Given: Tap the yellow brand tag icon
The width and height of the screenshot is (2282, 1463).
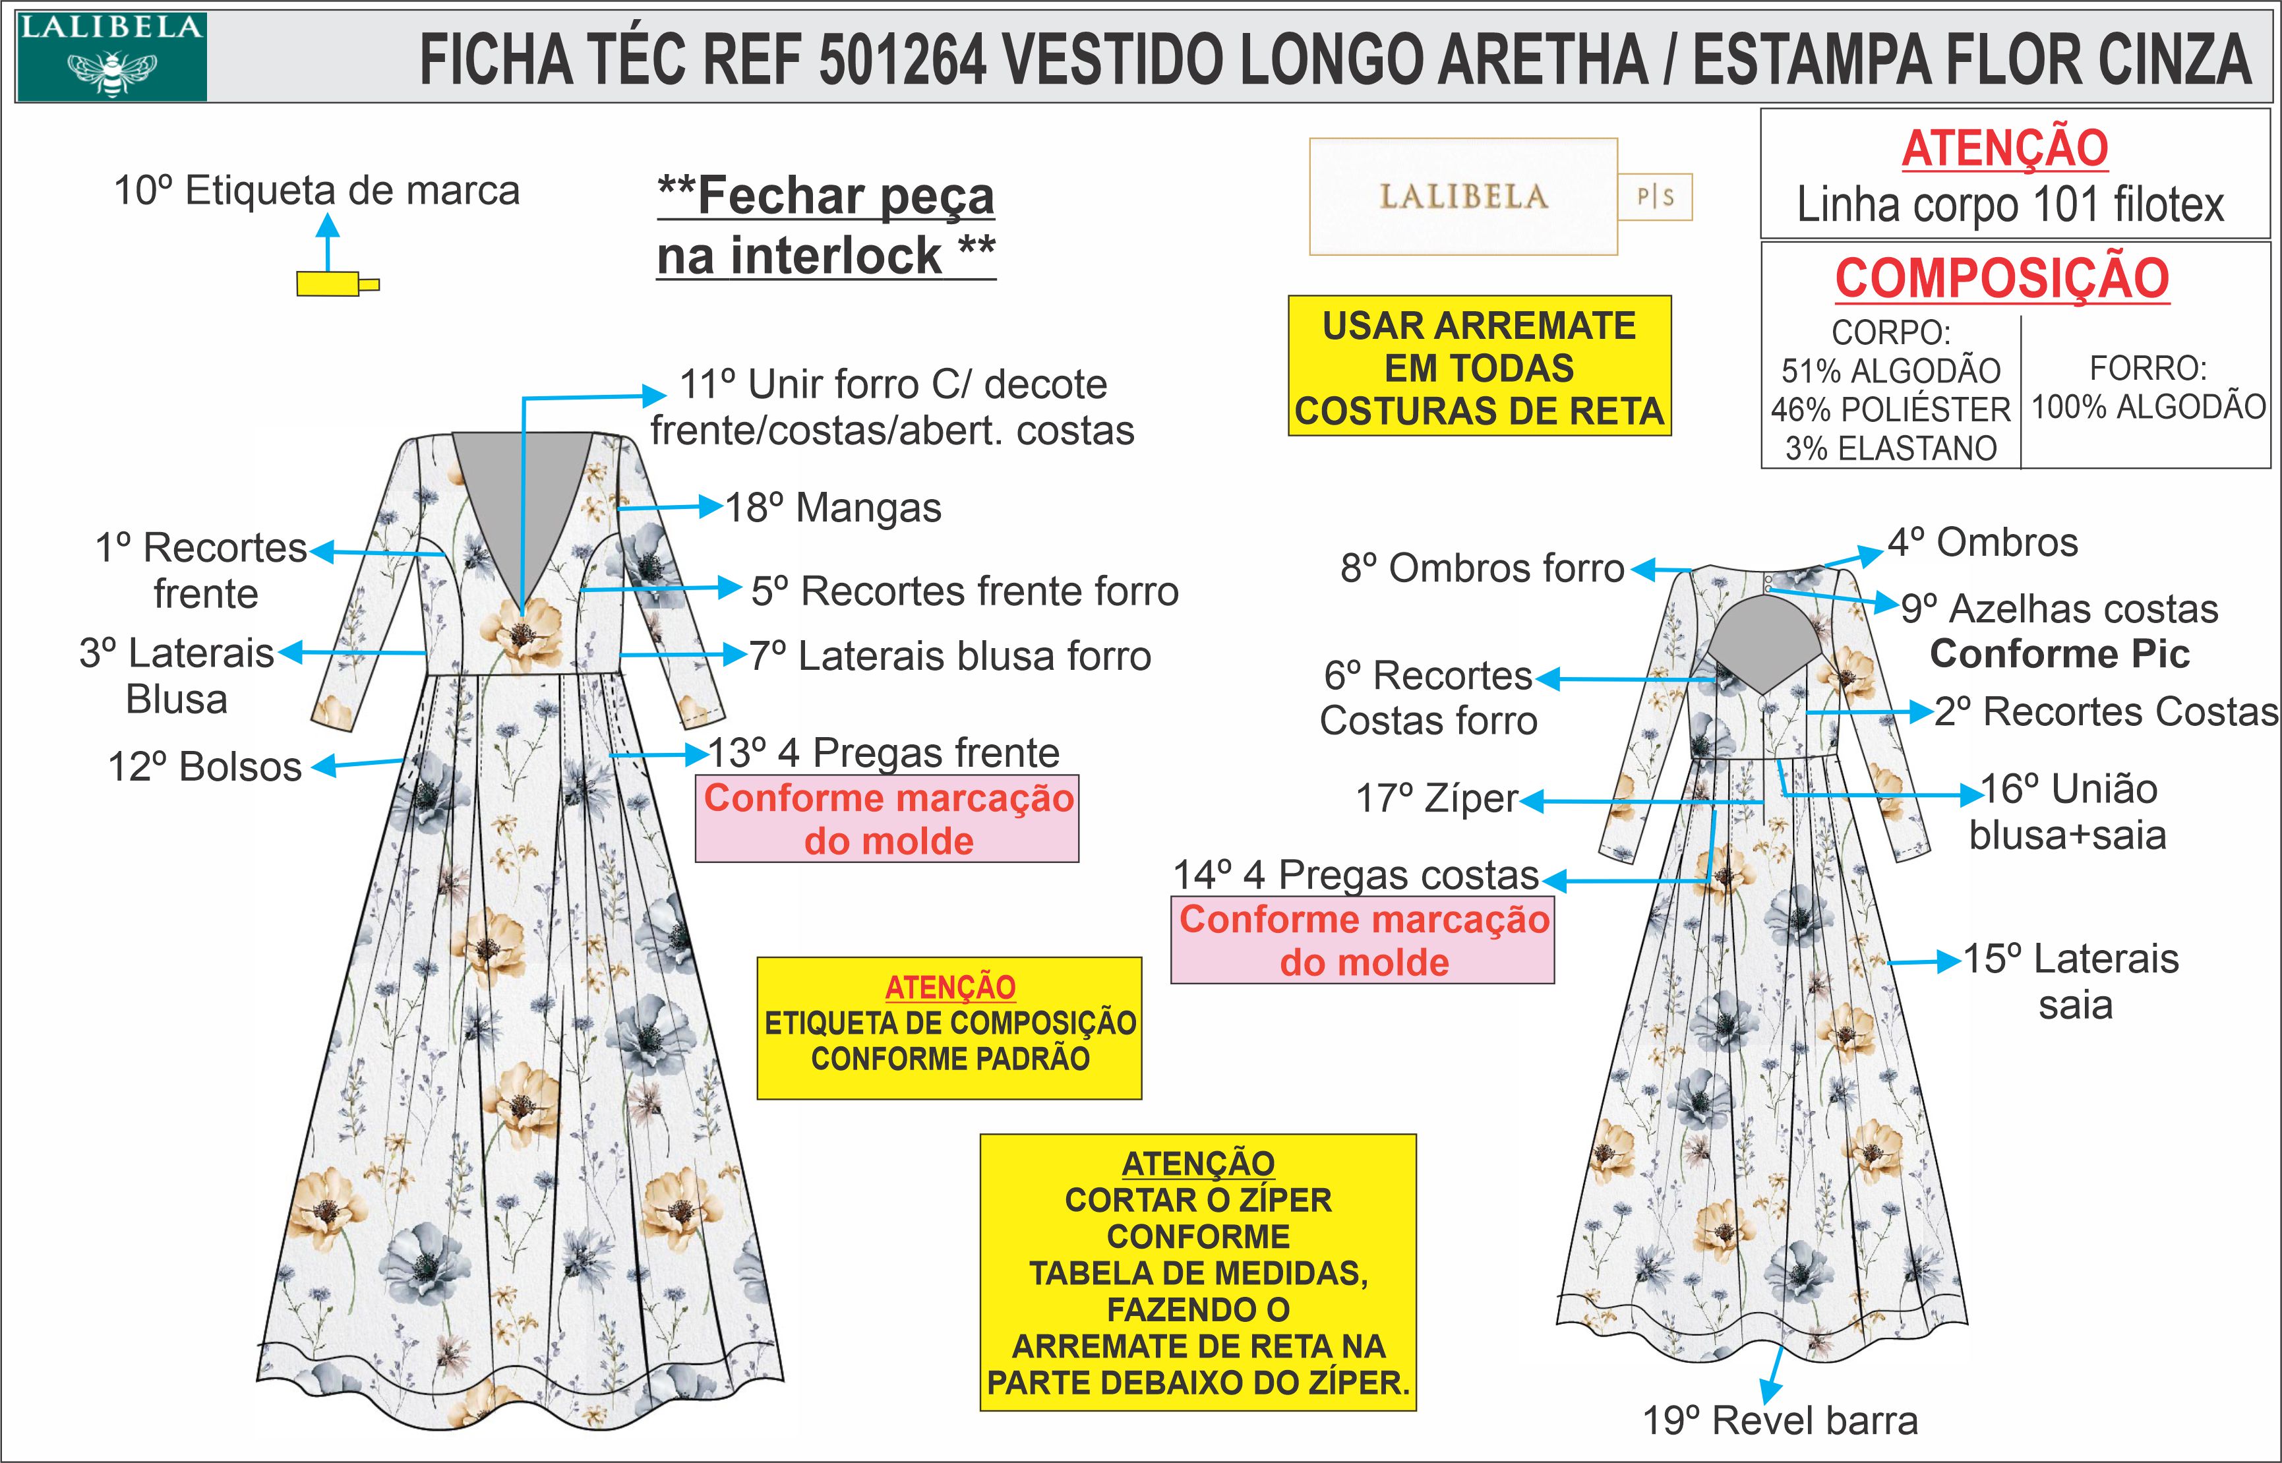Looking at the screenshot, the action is click(338, 283).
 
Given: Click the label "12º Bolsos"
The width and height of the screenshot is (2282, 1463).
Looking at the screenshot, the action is click(204, 767).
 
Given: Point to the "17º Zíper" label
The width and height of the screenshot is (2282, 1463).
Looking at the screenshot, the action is click(1437, 799).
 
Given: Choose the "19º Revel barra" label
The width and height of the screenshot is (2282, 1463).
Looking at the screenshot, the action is click(1780, 1420).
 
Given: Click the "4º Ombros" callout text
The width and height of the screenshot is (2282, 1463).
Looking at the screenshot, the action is click(1983, 543).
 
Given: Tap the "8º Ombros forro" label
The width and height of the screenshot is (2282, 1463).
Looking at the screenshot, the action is click(1482, 568).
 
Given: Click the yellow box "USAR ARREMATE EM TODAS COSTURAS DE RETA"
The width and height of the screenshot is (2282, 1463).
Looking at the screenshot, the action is click(1479, 366).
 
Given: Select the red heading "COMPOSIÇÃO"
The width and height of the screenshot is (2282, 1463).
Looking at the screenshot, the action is click(2002, 278).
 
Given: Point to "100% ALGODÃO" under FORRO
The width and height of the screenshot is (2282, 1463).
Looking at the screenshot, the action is click(2148, 407).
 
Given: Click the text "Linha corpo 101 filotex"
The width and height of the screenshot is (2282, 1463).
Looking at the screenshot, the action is click(2010, 205).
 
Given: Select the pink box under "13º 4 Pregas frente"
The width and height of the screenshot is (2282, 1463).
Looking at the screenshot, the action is click(887, 819).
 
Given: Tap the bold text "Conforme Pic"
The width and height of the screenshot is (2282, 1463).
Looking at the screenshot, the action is click(2060, 653).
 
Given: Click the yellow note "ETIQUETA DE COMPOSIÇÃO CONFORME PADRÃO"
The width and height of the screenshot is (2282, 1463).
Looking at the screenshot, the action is click(949, 1028).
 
